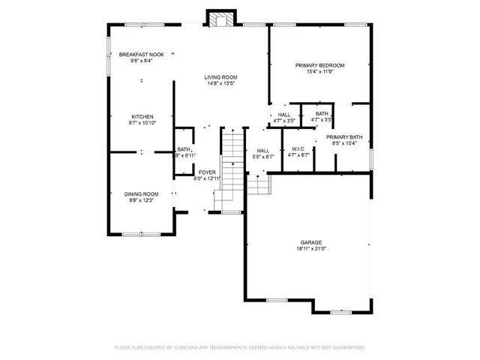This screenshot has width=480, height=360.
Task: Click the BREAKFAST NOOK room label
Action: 142,55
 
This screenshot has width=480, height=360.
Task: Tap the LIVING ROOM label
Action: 221,77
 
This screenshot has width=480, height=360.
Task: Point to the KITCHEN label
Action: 142,117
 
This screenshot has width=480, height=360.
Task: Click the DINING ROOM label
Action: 141,194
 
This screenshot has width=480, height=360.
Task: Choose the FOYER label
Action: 207,172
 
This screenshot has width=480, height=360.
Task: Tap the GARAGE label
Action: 311,242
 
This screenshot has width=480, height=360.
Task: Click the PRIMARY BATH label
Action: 343,136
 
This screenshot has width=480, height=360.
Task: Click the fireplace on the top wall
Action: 219,20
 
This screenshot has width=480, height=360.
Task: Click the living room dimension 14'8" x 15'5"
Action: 221,83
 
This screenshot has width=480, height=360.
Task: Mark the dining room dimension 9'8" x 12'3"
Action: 141,200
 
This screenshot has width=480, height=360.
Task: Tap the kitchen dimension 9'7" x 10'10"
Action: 142,123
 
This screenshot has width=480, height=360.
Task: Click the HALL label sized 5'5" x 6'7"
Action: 263,150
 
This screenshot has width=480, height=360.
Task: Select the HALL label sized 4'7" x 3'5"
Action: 283,114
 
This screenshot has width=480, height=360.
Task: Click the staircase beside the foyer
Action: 232,169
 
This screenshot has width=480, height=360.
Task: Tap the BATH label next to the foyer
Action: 184,149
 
